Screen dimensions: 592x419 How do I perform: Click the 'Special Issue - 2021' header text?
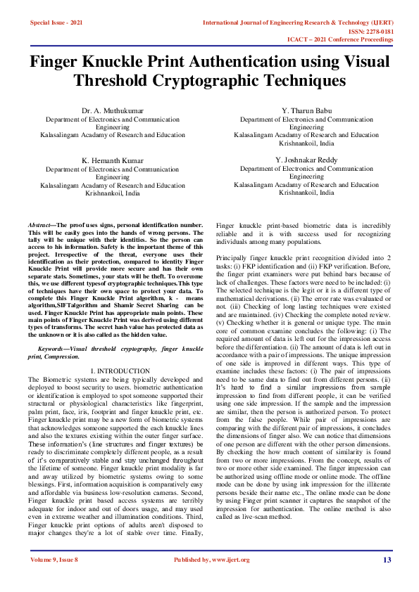tap(56, 23)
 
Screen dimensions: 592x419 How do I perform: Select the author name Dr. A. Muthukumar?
tap(113, 111)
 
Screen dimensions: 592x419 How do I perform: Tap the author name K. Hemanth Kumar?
tap(113, 161)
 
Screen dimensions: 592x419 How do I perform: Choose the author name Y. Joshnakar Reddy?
tap(306, 161)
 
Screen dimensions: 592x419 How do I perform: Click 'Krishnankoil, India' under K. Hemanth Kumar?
tap(113, 192)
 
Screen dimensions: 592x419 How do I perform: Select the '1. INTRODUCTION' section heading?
tap(120, 370)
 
